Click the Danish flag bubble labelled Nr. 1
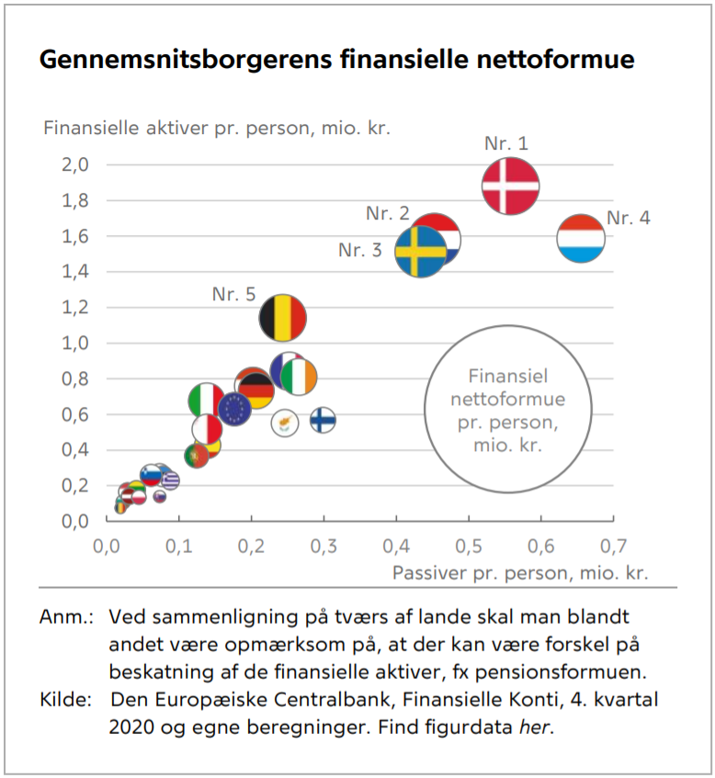(x=510, y=186)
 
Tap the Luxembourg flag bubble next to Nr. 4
(x=581, y=239)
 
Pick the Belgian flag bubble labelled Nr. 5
(x=283, y=318)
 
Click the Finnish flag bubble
(x=322, y=420)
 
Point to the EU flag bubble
(x=234, y=409)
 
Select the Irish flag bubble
(x=299, y=376)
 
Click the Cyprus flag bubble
(x=284, y=422)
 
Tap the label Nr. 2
(x=388, y=213)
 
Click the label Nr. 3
(x=360, y=250)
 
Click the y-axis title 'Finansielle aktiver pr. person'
(x=217, y=128)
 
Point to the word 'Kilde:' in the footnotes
(x=65, y=700)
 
